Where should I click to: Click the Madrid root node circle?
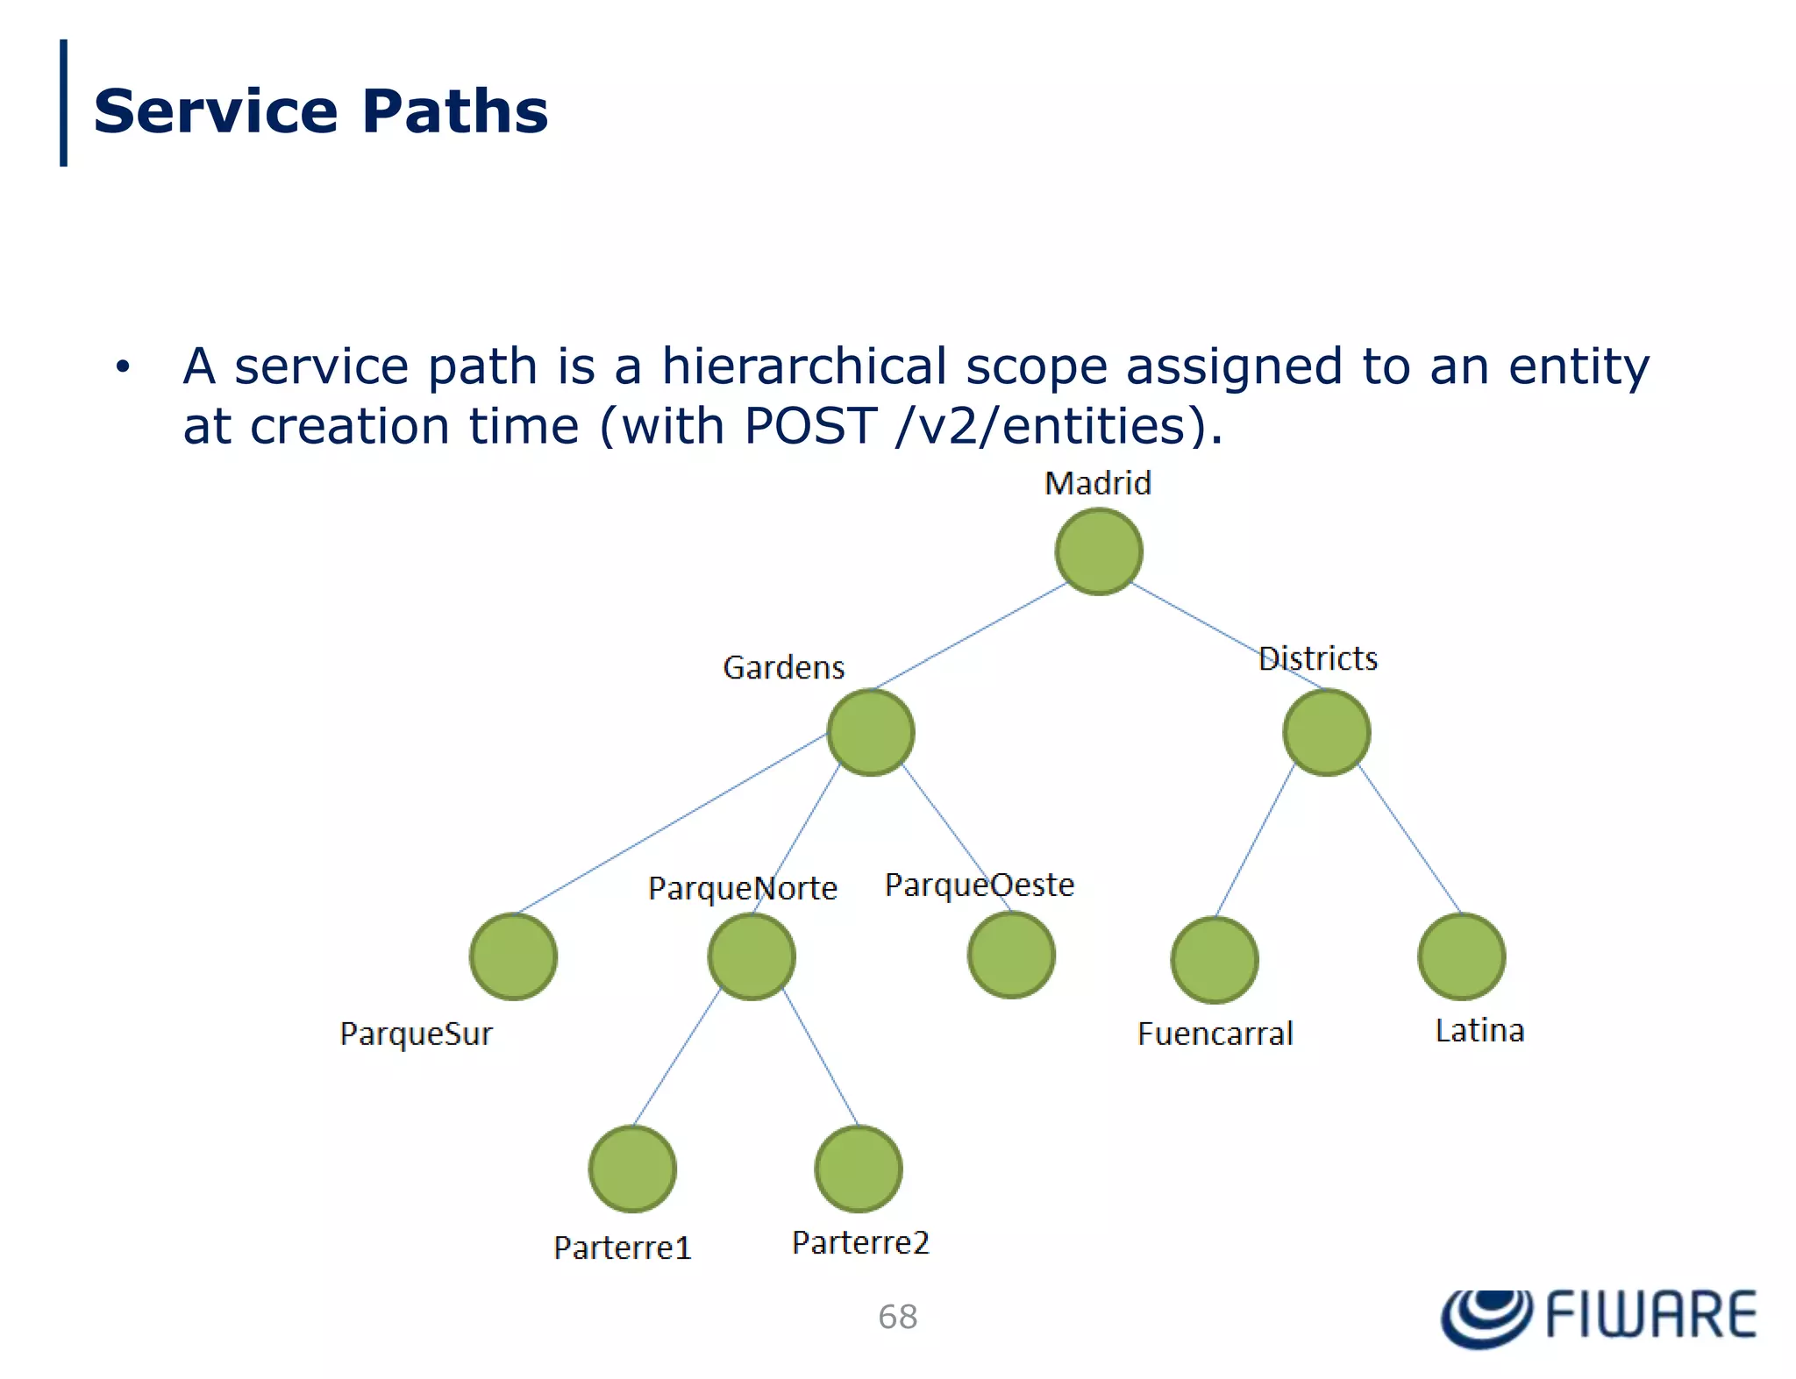pos(1098,551)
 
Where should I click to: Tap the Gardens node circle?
pos(870,732)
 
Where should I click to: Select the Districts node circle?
pos(1325,732)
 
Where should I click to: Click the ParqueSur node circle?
pos(513,956)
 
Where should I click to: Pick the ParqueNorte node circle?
pos(751,956)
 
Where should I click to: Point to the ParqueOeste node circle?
pos(1010,954)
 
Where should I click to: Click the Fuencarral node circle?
pos(1214,959)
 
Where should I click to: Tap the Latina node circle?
pos(1461,956)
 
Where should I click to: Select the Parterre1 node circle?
pos(631,1169)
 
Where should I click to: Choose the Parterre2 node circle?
pos(858,1169)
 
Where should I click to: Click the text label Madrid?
pos(1097,483)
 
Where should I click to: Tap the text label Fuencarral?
pos(1215,1034)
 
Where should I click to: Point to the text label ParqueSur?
pos(416,1034)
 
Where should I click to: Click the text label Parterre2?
pos(859,1242)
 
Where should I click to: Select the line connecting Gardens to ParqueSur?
pos(671,823)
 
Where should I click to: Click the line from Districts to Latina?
pos(1410,840)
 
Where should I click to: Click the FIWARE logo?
pos(1598,1316)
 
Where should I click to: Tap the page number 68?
pos(897,1317)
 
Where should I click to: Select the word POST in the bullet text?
pos(809,426)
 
